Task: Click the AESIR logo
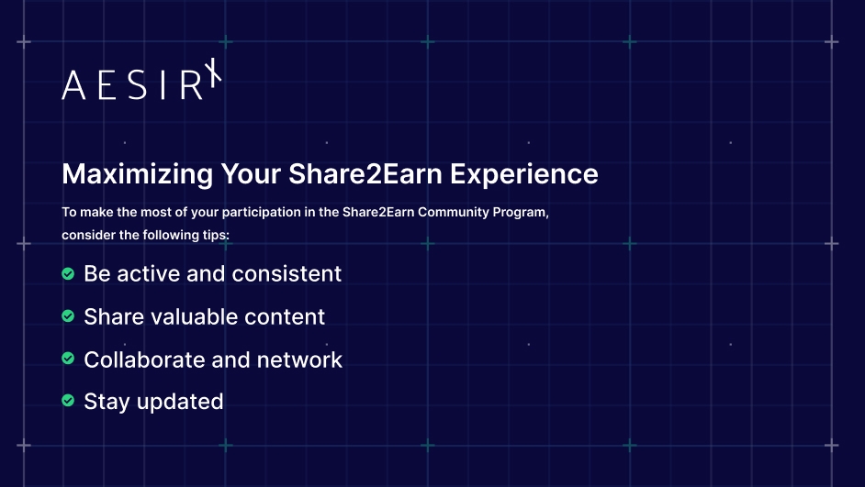tap(142, 83)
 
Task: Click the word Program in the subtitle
tap(522, 212)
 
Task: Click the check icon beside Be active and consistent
tap(68, 273)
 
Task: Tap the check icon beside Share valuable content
tap(68, 316)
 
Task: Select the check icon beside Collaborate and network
tap(68, 359)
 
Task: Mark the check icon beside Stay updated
tap(68, 401)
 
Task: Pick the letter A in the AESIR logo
tap(73, 85)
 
